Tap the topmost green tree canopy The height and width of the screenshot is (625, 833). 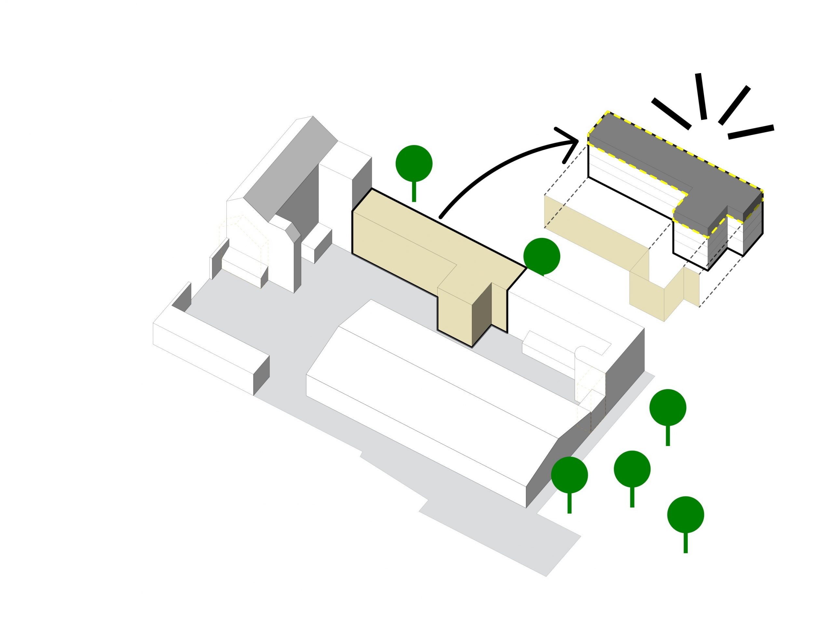point(414,163)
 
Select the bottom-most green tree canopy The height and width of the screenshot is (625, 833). point(685,515)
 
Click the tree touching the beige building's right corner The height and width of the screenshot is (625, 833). point(541,256)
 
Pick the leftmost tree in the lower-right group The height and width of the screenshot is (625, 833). point(569,475)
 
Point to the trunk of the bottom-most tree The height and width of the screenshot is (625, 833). point(685,543)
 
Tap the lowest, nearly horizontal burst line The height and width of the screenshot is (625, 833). point(751,132)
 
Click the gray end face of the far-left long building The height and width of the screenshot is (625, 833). point(261,375)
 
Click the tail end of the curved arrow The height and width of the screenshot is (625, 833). point(441,217)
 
